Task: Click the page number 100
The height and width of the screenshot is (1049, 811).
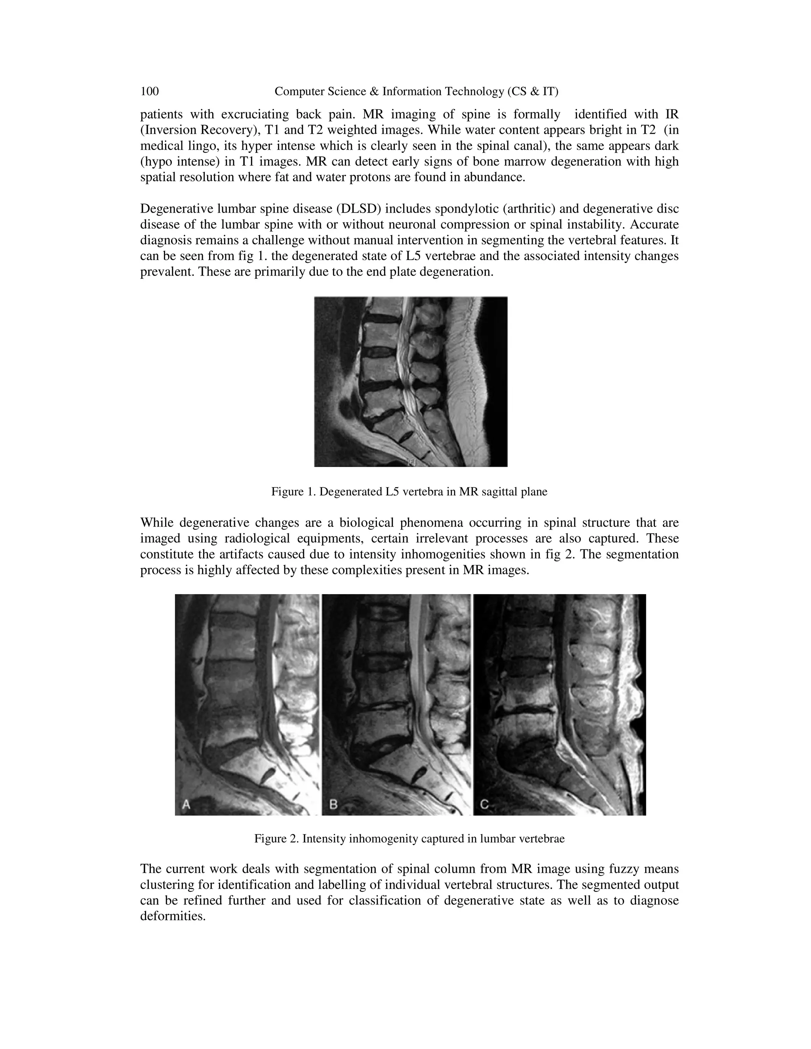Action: (x=149, y=91)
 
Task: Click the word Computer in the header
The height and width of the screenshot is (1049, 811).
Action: (x=297, y=91)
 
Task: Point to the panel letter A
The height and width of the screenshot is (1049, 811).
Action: (x=187, y=804)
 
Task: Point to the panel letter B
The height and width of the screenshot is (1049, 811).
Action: (x=333, y=804)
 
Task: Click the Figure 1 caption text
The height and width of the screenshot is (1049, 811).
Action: (x=409, y=492)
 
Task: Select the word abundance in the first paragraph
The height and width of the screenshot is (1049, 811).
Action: (x=500, y=178)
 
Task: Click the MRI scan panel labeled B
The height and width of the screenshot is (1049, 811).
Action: (x=396, y=705)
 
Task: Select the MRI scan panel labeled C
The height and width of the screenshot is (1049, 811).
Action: (x=559, y=705)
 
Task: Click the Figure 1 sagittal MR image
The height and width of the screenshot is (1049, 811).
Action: (x=411, y=382)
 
